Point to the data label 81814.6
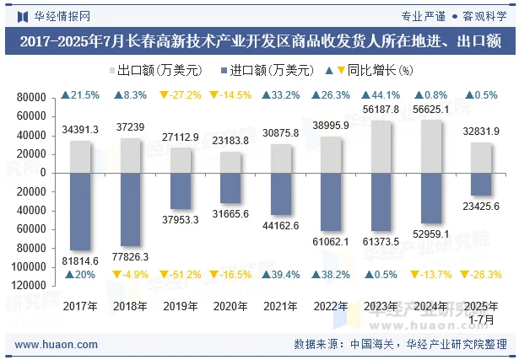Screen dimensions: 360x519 tap(81, 261)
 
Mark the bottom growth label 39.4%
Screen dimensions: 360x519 tap(281, 275)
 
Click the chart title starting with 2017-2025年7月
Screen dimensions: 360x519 tap(259, 40)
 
